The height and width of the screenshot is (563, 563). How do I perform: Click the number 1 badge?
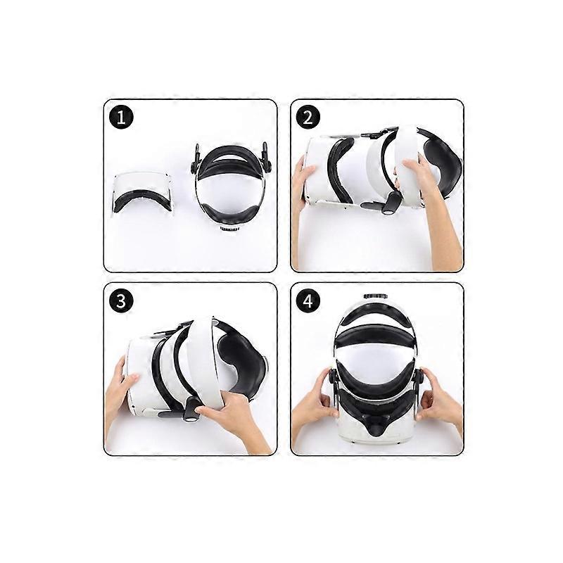click(121, 118)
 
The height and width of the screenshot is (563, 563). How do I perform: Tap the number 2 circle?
click(308, 118)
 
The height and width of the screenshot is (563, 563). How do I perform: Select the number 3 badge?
click(121, 301)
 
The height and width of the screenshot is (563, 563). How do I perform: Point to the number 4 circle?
click(308, 301)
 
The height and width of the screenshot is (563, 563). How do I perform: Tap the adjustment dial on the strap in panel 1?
click(229, 229)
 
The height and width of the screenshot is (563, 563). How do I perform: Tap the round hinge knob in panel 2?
click(388, 210)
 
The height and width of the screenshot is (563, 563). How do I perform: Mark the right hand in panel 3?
click(234, 420)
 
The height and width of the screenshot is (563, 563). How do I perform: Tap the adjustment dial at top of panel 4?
click(375, 296)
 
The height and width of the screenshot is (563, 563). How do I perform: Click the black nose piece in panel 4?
click(376, 425)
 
